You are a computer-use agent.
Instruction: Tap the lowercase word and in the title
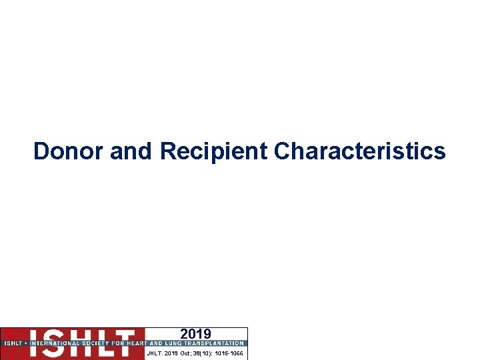pos(132,151)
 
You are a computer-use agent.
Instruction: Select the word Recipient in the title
pos(213,151)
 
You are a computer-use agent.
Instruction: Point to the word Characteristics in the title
pos(360,151)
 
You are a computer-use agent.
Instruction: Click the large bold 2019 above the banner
pos(195,334)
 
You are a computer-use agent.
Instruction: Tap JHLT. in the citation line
pos(155,353)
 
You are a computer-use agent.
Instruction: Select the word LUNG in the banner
pos(171,343)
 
